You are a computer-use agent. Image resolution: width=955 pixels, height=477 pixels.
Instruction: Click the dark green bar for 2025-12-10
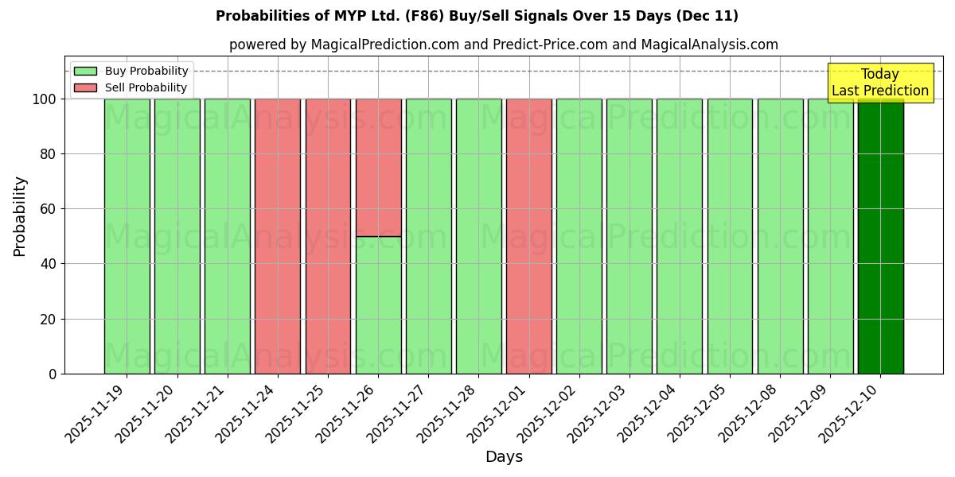880,236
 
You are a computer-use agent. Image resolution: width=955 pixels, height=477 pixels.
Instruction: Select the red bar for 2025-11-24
278,236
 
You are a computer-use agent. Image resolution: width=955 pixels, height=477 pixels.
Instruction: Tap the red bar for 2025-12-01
529,236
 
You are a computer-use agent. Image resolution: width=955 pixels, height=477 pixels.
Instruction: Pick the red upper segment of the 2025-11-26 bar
378,167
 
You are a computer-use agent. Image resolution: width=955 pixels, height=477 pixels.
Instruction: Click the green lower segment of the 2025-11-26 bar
378,305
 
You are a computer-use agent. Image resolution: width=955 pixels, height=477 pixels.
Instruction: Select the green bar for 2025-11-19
127,236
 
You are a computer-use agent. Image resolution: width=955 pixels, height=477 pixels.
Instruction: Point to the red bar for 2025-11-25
328,236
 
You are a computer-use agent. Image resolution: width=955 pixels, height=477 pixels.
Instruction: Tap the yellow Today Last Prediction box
879,83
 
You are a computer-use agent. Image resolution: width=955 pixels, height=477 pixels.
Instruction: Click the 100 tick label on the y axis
45,99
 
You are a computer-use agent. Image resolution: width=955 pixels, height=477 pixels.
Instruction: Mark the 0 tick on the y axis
53,374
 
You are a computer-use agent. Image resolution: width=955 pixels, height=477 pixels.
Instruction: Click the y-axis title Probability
20,215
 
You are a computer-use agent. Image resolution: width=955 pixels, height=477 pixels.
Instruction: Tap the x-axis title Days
504,457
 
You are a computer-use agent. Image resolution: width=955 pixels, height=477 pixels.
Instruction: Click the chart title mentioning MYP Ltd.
477,16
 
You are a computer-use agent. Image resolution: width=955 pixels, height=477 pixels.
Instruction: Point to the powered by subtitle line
503,45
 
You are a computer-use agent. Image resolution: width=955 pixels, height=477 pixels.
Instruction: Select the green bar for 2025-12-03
630,236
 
